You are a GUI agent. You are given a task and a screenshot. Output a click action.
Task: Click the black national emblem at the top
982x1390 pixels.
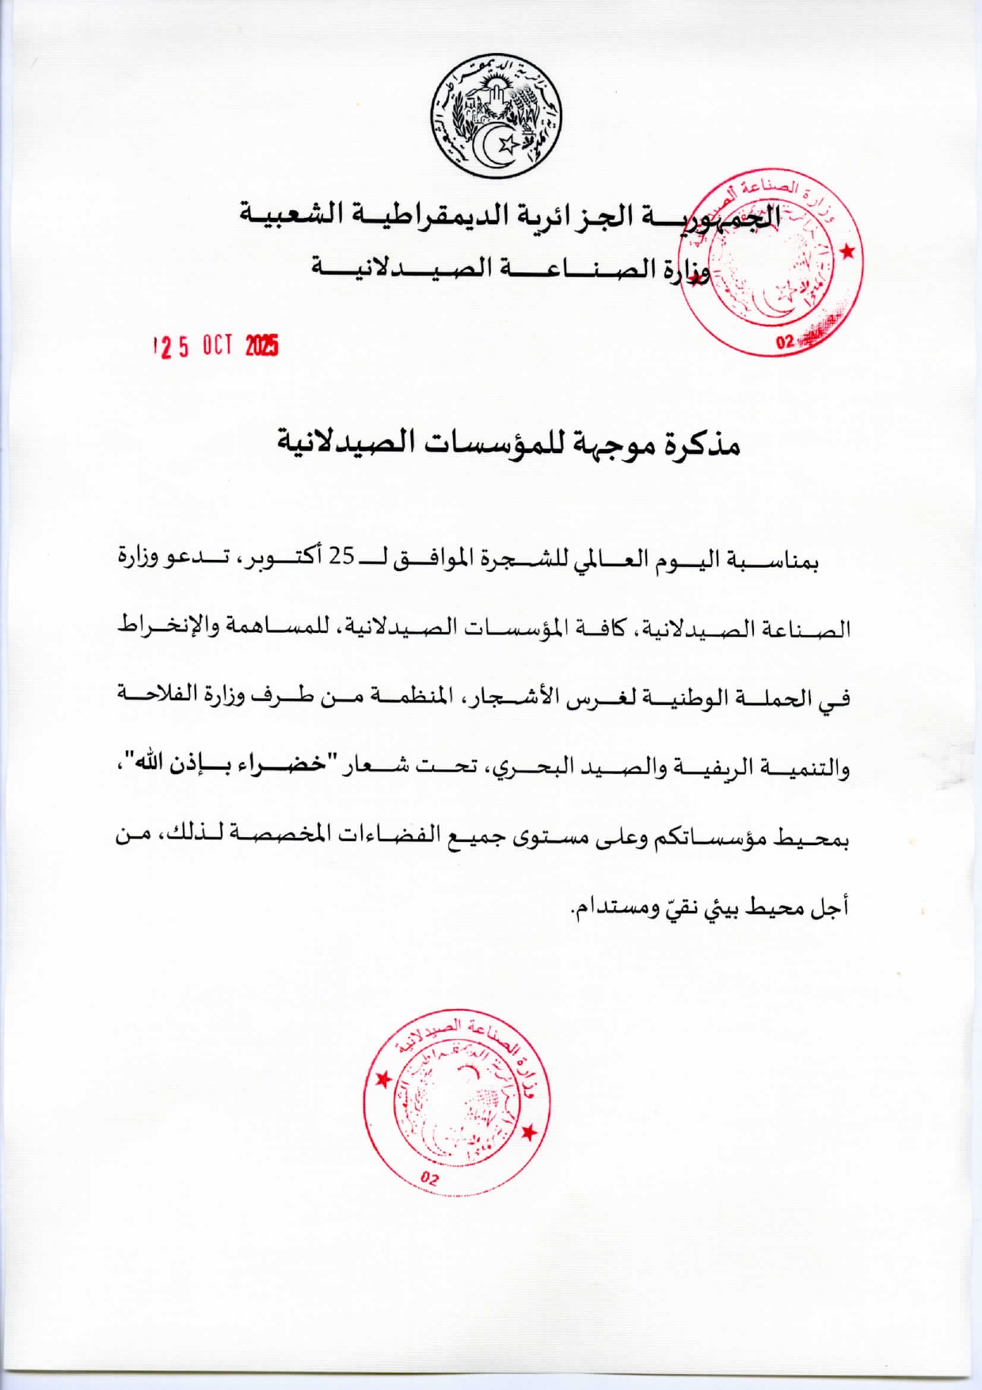tap(496, 116)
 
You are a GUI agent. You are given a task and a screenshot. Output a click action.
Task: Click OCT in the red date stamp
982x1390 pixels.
tap(217, 345)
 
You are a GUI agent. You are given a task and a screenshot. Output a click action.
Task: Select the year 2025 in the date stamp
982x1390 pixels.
tap(262, 345)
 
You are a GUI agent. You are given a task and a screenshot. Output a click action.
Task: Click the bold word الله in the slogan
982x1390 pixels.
tap(150, 764)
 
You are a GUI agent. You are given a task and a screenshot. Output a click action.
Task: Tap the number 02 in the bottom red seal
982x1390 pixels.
tap(429, 1178)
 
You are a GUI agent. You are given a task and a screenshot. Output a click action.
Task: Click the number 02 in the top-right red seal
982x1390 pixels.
tap(785, 342)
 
